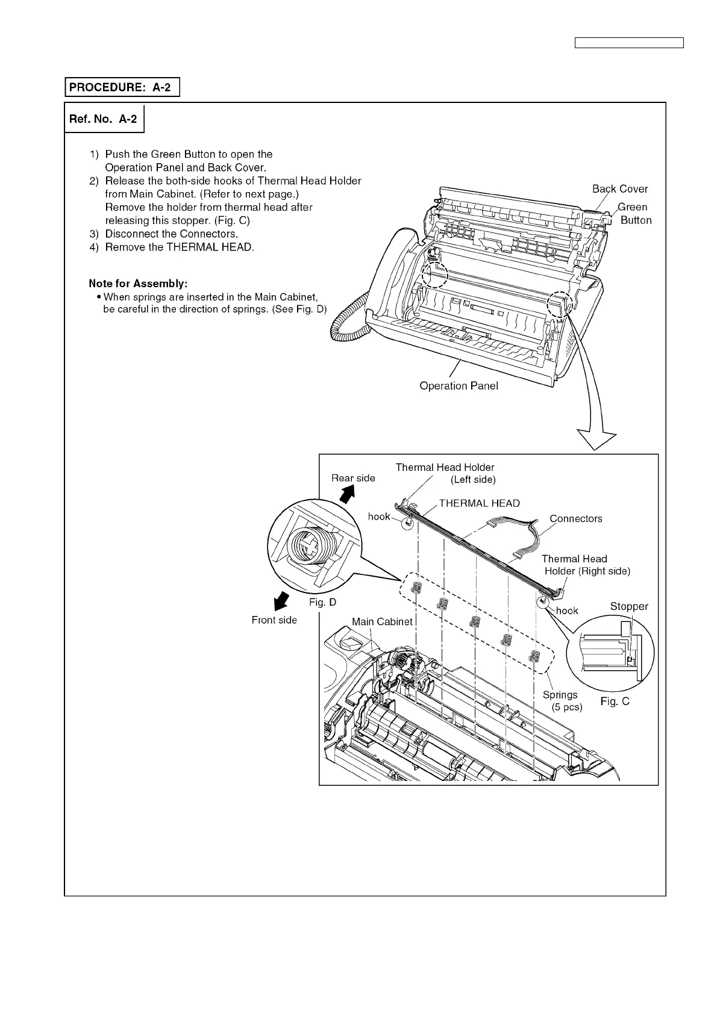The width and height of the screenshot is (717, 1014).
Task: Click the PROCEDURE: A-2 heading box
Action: click(122, 88)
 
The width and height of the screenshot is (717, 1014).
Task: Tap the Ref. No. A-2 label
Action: click(104, 119)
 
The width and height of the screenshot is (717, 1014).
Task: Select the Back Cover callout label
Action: click(619, 189)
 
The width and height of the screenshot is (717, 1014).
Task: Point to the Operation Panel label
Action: click(459, 386)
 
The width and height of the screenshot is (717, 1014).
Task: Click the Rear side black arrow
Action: click(347, 494)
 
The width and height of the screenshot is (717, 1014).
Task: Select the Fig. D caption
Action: click(322, 603)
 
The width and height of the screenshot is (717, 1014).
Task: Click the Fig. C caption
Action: click(615, 701)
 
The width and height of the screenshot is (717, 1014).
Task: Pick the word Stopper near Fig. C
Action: click(628, 606)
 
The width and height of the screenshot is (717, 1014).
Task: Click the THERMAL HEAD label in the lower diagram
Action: click(479, 503)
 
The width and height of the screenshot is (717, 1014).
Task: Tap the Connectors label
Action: click(575, 519)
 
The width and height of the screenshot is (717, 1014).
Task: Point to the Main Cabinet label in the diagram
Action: click(382, 622)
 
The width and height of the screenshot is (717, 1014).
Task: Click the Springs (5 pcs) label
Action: click(562, 701)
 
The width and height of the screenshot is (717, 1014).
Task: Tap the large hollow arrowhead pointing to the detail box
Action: click(596, 438)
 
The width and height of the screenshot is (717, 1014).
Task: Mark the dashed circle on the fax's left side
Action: click(434, 274)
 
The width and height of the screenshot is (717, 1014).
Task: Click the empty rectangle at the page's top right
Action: click(628, 43)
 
